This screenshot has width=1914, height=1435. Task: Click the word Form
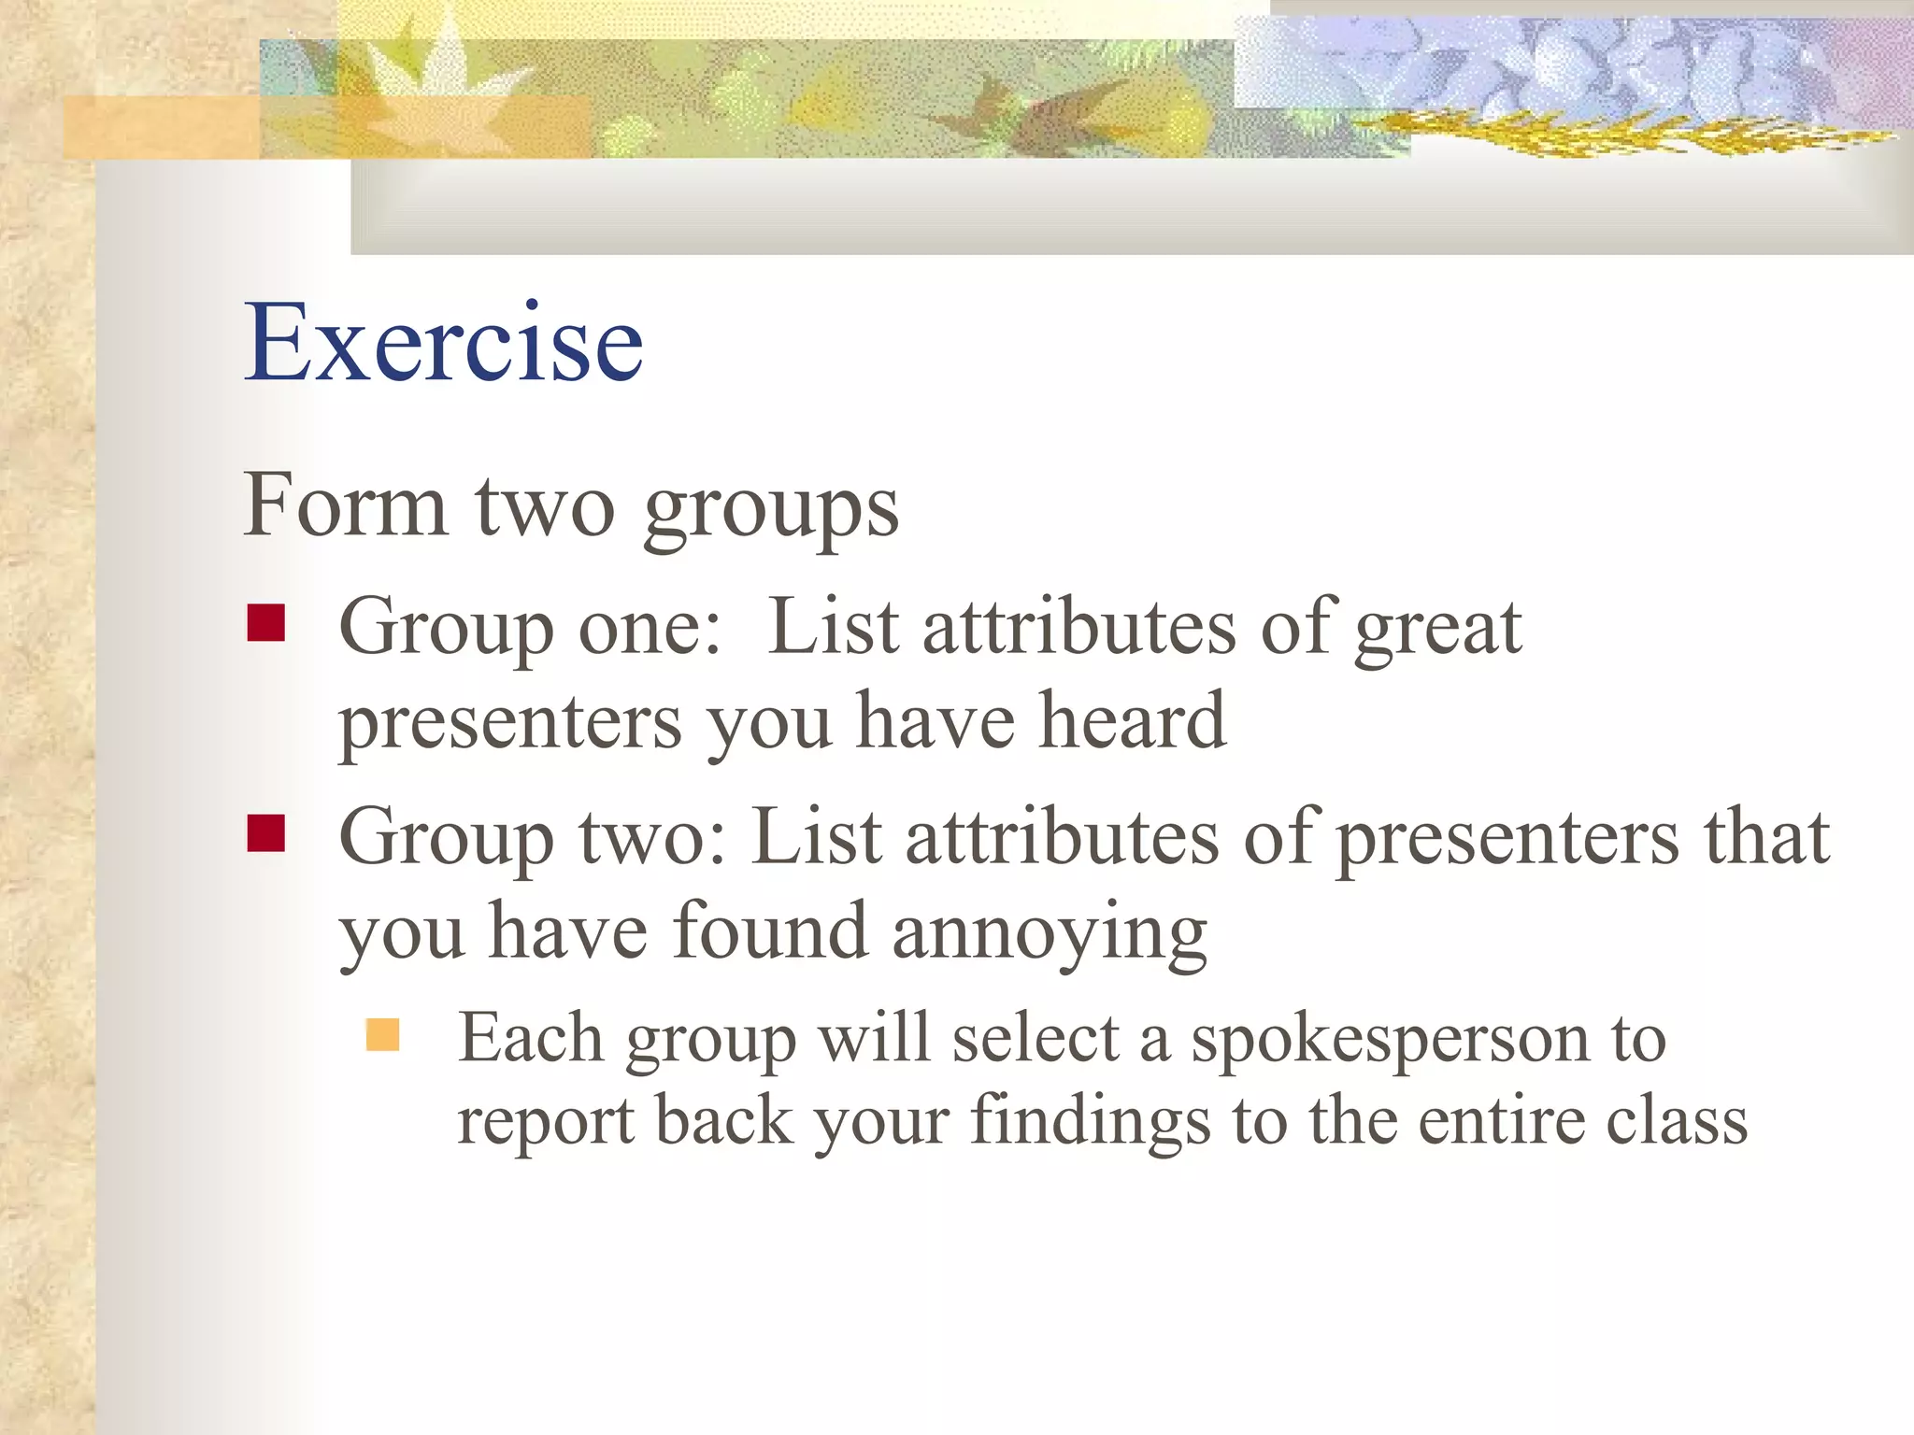(x=344, y=504)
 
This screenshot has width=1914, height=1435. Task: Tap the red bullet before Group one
(x=265, y=623)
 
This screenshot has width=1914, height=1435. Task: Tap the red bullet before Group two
(x=265, y=833)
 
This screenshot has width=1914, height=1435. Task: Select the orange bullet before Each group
(x=382, y=1035)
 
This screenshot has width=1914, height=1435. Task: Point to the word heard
(x=1132, y=721)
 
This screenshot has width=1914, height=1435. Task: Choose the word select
(x=1035, y=1039)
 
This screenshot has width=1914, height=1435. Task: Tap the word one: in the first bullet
(x=650, y=628)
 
